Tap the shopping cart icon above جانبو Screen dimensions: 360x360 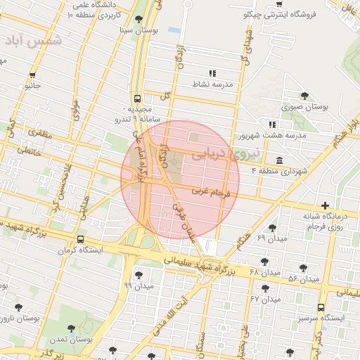click(x=33, y=75)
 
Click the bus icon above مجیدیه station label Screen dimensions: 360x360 click(x=137, y=99)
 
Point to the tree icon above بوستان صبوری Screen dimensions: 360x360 click(x=304, y=96)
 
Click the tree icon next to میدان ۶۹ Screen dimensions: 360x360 click(x=272, y=228)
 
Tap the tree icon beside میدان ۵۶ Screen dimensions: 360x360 click(x=304, y=268)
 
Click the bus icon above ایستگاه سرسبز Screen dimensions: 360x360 click(x=321, y=308)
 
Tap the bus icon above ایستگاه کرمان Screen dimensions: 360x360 click(x=82, y=240)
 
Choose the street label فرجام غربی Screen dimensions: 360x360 click(x=210, y=191)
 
